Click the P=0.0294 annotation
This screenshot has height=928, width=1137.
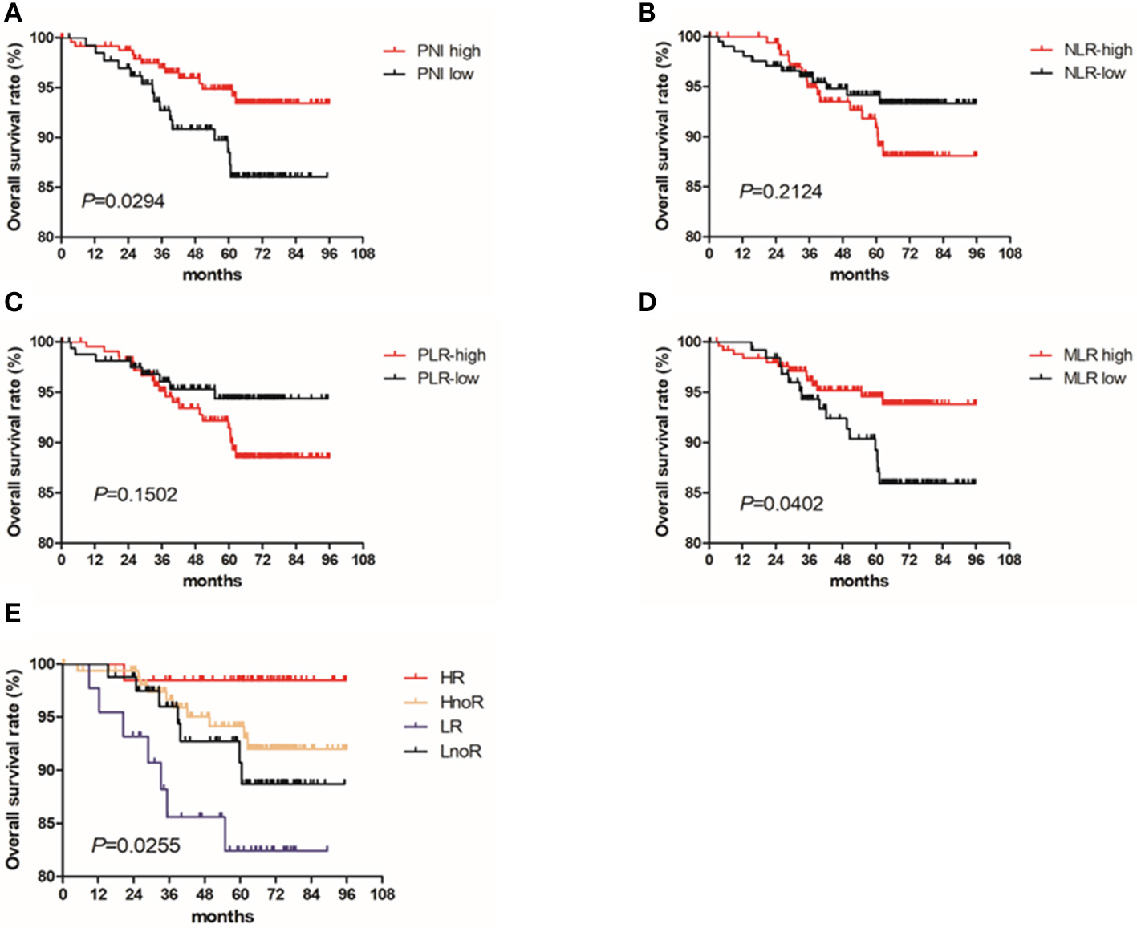coord(123,201)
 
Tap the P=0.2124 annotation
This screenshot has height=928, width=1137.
coord(781,192)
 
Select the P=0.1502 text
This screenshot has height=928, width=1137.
coord(136,495)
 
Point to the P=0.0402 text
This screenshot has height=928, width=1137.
coord(782,504)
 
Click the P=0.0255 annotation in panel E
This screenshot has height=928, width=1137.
coord(136,845)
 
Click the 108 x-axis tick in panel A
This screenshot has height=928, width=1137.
coord(363,254)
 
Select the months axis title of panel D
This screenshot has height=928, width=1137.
coord(859,581)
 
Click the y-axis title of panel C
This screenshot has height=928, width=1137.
coord(14,442)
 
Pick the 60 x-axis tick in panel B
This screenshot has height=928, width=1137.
coord(876,254)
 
